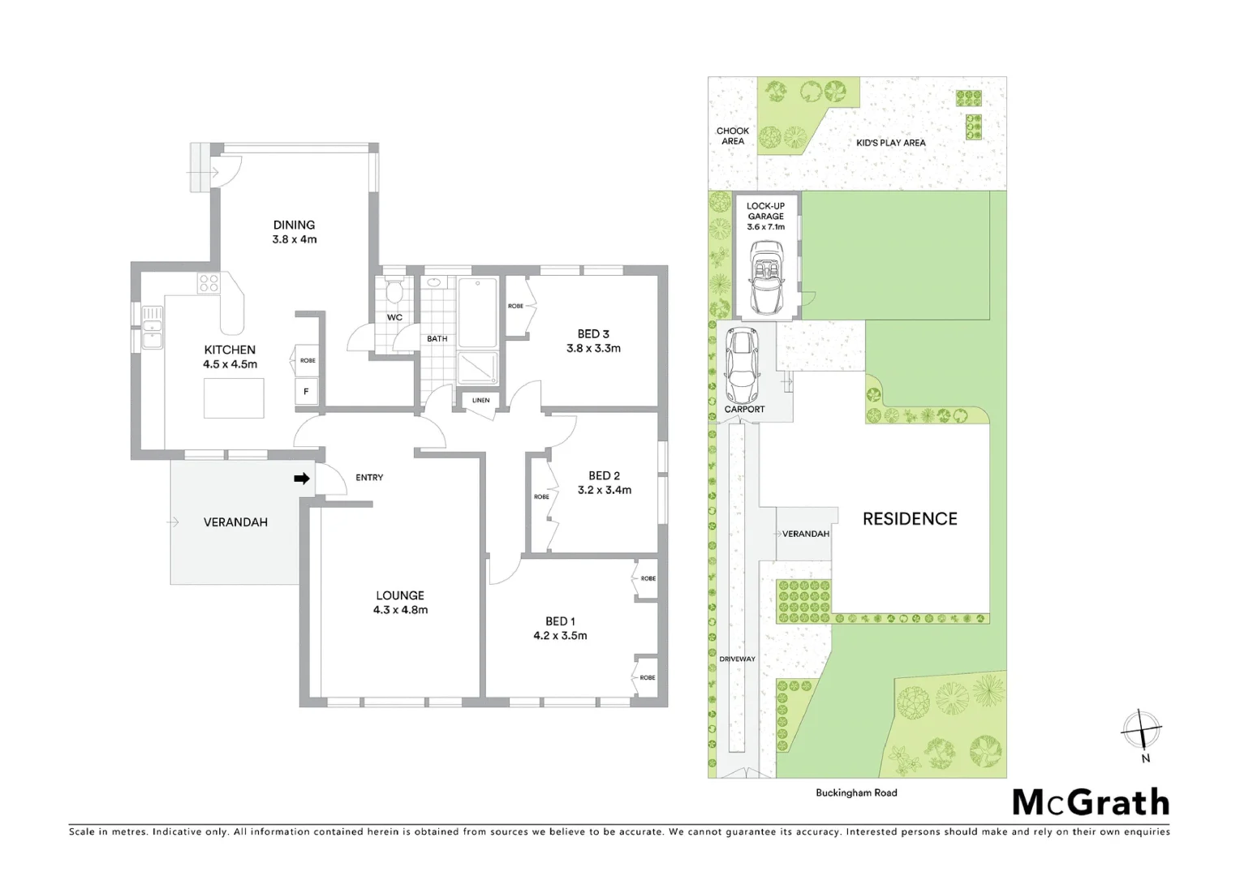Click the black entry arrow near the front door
coord(301,479)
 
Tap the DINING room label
coord(294,225)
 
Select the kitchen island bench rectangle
coord(234,397)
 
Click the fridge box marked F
coord(306,392)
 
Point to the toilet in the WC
coord(394,291)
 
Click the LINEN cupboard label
coord(480,401)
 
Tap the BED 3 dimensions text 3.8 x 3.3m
coord(593,348)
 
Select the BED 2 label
coord(604,475)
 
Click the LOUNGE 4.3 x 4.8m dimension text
coord(400,610)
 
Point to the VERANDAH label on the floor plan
coord(235,522)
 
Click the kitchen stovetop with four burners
coord(209,283)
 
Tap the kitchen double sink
coord(152,327)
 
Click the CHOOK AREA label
coord(732,135)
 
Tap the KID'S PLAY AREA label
coord(890,143)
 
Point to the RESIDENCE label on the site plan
coord(910,519)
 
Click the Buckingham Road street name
coord(856,792)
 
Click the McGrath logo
coord(1091,803)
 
